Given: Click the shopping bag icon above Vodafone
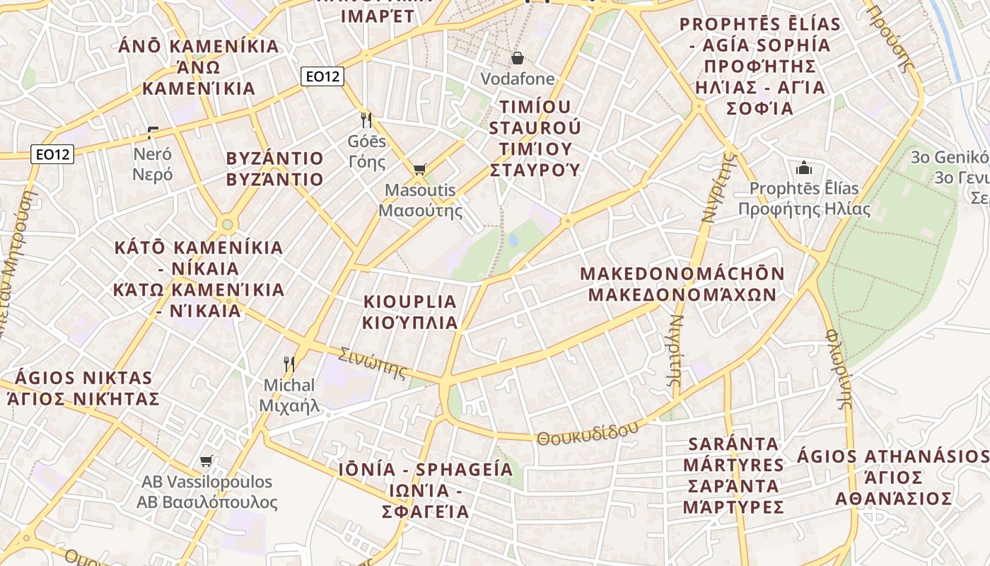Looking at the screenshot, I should point(518,57).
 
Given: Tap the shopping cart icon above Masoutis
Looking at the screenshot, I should point(419,169).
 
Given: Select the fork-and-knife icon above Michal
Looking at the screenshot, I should point(289,364).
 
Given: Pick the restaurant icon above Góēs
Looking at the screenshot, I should point(366,120).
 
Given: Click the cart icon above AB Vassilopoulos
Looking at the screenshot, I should point(206,461).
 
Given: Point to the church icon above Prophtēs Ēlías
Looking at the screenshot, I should point(804,168).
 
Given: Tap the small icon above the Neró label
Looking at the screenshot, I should point(152,132).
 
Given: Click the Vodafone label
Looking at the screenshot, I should point(518,79).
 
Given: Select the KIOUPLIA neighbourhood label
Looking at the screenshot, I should point(410,312).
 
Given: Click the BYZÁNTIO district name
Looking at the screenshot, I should point(274,168).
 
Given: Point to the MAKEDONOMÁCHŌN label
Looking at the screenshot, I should point(682,284).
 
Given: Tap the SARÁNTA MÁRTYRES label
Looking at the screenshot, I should point(733,475).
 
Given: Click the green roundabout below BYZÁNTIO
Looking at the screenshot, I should point(227,225).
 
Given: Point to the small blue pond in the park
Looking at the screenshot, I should point(513,240).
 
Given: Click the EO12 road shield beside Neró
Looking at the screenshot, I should point(53,154).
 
